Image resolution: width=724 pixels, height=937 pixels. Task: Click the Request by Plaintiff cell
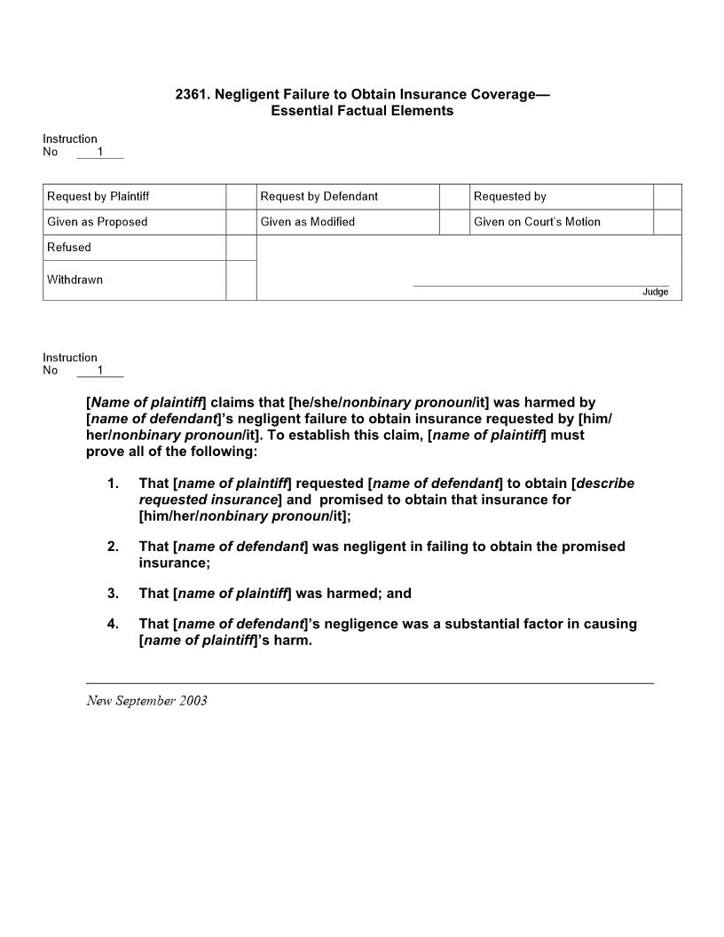coord(105,196)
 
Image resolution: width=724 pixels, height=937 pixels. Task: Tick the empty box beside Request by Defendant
coord(454,196)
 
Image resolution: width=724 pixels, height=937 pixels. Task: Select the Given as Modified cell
coord(308,222)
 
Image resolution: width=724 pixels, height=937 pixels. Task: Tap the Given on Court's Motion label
coord(537,222)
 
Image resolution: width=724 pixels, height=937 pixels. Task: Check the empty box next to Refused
coord(240,248)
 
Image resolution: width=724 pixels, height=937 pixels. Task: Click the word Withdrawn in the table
coord(75,280)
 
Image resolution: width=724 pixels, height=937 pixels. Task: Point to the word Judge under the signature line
coord(656,292)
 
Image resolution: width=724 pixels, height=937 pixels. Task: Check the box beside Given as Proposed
coord(240,222)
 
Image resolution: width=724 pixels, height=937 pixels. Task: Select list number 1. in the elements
coord(113,484)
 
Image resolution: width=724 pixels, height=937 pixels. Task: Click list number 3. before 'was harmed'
coord(113,594)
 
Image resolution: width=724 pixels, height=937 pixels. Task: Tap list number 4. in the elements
coord(113,624)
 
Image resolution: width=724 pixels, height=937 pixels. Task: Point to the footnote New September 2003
coord(146,701)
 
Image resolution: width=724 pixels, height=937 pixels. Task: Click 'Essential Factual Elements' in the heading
coord(362,111)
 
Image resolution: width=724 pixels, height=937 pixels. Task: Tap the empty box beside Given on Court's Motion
coord(667,222)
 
